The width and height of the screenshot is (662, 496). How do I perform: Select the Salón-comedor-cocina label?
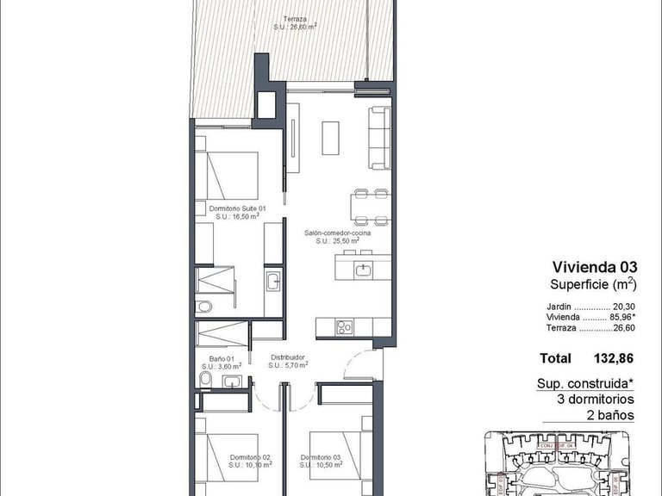tap(337, 232)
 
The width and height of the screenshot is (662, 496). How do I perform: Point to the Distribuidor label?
tap(288, 356)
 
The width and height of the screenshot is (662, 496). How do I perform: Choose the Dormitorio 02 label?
tap(250, 457)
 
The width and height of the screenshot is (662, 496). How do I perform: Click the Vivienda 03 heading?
tap(595, 268)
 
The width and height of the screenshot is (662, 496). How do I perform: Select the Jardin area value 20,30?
tap(623, 306)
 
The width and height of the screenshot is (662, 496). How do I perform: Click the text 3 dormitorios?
tap(596, 400)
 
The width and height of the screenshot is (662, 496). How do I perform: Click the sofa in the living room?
tap(379, 137)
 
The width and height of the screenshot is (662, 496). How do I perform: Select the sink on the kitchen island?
tap(363, 270)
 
